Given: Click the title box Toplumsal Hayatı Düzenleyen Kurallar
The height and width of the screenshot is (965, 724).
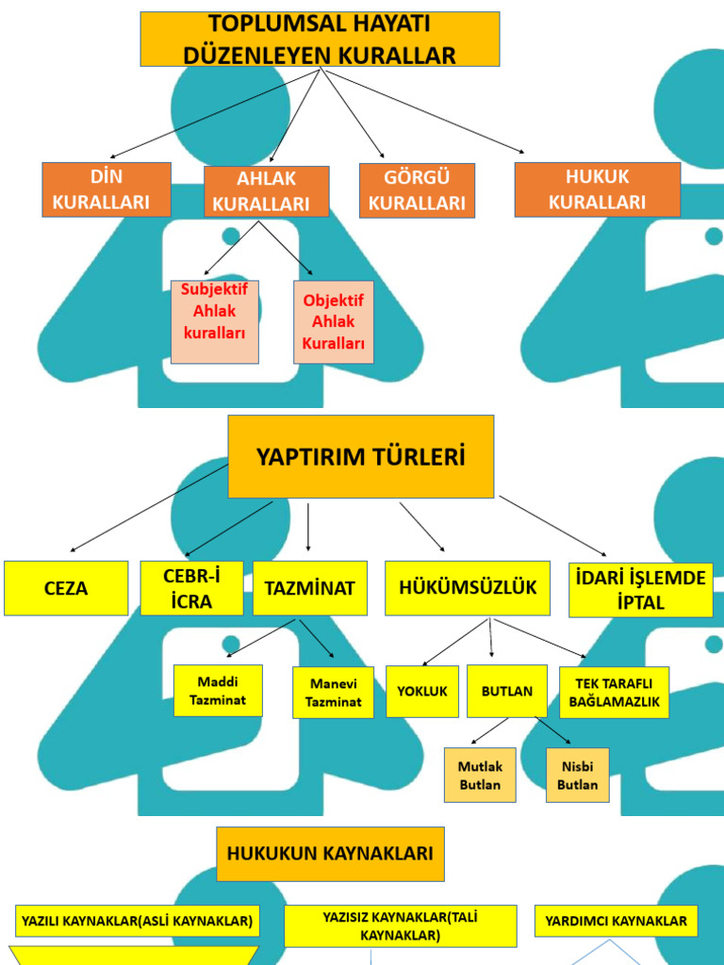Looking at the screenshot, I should (320, 40).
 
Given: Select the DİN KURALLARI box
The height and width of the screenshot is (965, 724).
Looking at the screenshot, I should (107, 189).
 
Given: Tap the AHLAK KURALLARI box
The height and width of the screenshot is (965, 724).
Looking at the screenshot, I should (267, 191).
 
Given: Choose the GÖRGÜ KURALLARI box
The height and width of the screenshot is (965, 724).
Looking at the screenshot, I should (417, 190).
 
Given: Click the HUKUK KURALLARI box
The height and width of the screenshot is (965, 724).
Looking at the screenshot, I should (597, 189).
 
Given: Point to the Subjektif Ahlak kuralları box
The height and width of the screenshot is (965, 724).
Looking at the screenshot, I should (215, 322).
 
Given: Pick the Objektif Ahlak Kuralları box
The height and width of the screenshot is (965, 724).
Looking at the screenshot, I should (333, 322).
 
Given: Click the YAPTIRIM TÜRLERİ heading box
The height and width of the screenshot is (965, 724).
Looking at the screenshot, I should (360, 457).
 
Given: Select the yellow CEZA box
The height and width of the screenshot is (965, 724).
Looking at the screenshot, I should (66, 588).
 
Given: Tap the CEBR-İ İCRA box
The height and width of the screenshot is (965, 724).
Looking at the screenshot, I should (191, 588).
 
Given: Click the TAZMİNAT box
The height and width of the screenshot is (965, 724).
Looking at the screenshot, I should (309, 588).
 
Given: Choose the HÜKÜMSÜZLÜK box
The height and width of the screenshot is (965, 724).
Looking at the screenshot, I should (467, 588).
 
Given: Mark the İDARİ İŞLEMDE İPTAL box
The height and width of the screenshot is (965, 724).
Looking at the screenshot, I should (640, 590).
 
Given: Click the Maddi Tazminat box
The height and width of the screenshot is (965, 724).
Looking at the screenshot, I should (218, 691).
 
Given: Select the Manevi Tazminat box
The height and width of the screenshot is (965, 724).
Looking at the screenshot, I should (333, 693).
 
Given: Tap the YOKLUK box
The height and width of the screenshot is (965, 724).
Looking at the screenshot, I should (421, 692).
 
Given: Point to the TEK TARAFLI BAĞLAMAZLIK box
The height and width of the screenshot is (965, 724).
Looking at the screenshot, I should (614, 693).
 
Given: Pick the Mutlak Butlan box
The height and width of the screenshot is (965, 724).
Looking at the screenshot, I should (480, 775).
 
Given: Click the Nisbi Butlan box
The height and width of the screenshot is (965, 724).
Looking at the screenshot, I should (577, 775).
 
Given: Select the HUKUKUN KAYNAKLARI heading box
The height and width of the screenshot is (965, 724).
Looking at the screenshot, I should (330, 854).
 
